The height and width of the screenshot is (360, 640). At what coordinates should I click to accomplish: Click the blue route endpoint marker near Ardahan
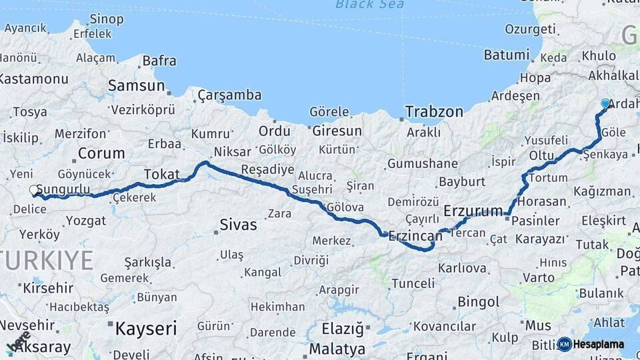pyautogui.click(x=605, y=103)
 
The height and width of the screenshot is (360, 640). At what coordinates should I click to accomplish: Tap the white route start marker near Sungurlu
pyautogui.click(x=34, y=190)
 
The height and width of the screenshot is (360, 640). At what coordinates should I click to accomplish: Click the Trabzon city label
pyautogui.click(x=434, y=111)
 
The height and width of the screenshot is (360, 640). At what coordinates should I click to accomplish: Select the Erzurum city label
pyautogui.click(x=473, y=211)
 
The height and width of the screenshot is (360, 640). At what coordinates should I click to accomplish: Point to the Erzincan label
pyautogui.click(x=416, y=235)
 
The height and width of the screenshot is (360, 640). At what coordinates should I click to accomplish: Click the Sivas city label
pyautogui.click(x=239, y=225)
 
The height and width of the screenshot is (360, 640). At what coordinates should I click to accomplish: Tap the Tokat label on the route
pyautogui.click(x=162, y=173)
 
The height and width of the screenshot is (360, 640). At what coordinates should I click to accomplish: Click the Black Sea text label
pyautogui.click(x=369, y=5)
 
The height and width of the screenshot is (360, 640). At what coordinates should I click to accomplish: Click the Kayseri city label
pyautogui.click(x=146, y=328)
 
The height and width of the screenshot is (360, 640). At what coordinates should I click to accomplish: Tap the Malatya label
pyautogui.click(x=337, y=349)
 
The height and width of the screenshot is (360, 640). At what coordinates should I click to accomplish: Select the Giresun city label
pyautogui.click(x=337, y=131)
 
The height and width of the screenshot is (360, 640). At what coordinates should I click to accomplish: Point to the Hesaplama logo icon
pyautogui.click(x=564, y=344)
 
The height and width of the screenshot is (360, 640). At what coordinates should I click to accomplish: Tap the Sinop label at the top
pyautogui.click(x=107, y=18)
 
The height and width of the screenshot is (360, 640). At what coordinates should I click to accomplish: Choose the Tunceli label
pyautogui.click(x=413, y=283)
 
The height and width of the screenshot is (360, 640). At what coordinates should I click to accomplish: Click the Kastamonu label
pyautogui.click(x=32, y=79)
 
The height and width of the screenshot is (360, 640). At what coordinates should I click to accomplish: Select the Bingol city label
pyautogui.click(x=479, y=303)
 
